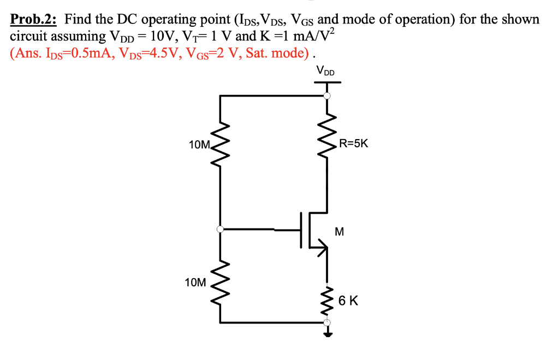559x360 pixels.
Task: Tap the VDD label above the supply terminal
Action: (x=326, y=71)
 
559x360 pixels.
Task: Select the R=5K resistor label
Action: (x=354, y=144)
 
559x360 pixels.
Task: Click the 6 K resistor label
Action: (x=348, y=300)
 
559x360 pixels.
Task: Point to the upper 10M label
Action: (x=199, y=145)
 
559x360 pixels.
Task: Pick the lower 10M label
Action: (x=195, y=283)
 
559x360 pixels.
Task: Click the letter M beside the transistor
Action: (x=339, y=231)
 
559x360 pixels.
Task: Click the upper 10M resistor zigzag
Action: (x=220, y=145)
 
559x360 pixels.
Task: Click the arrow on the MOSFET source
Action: (x=323, y=249)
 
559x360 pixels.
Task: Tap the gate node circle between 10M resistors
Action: (x=220, y=230)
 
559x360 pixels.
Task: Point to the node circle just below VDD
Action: (x=327, y=96)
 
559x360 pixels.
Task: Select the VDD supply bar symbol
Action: (x=327, y=83)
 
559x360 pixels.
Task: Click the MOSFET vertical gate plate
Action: (x=301, y=230)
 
